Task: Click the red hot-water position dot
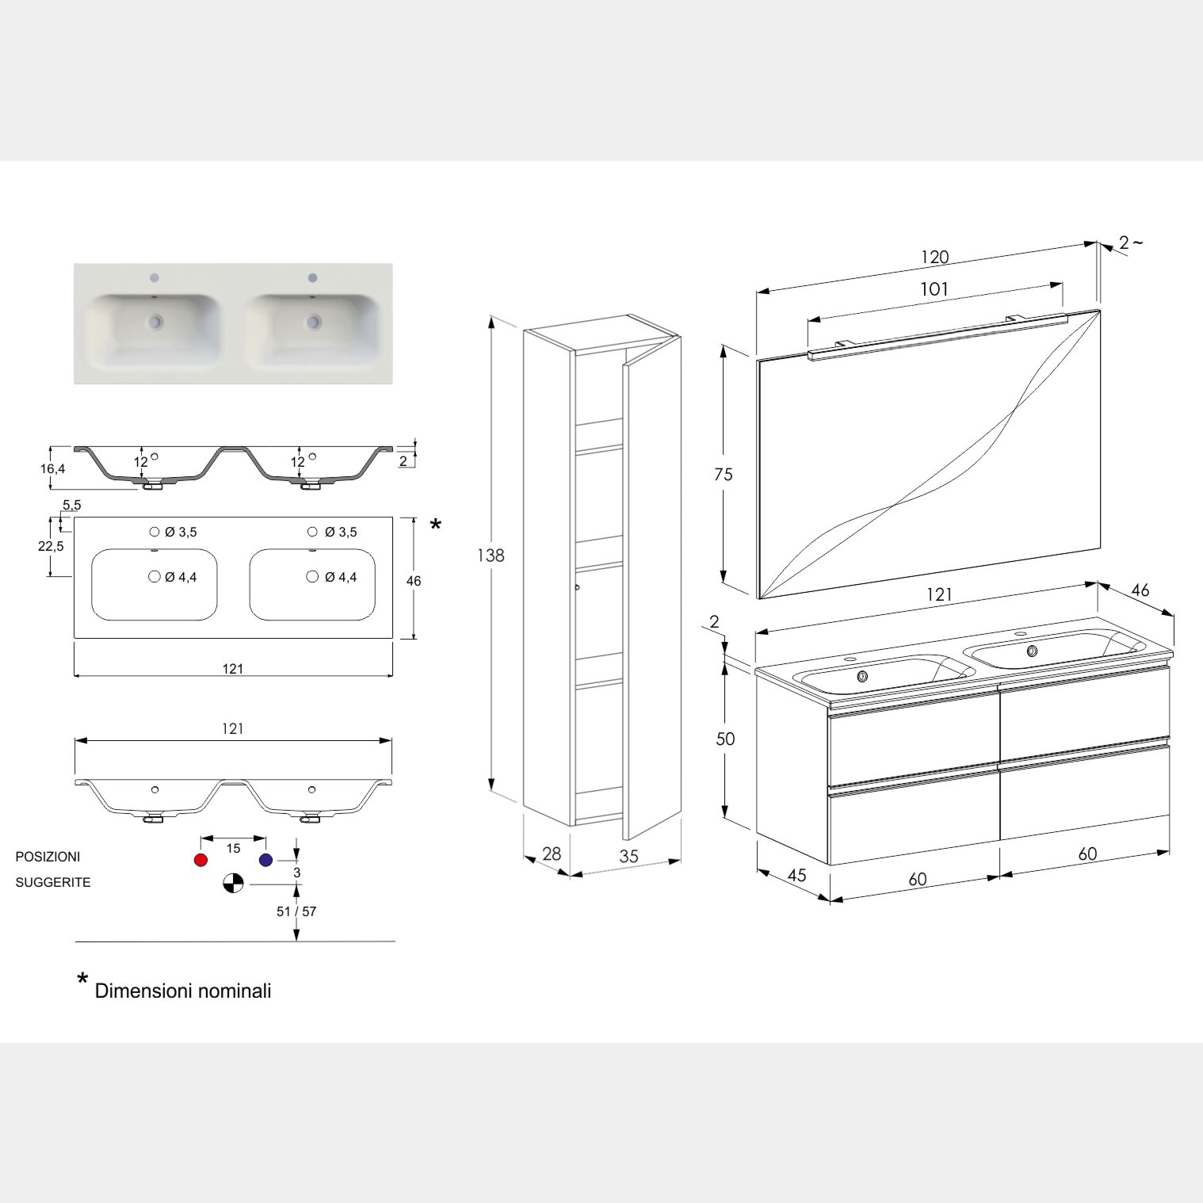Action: pos(200,861)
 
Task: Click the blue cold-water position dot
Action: pos(265,861)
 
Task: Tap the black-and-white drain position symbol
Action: pos(233,883)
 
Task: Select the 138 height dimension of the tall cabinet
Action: pos(491,556)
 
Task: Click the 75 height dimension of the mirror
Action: pos(723,475)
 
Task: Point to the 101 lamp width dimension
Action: pos(934,289)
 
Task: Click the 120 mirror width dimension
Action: pos(935,258)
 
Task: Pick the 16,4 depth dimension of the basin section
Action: pos(52,468)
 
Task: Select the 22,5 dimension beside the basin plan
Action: pos(51,546)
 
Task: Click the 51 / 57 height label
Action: pos(296,911)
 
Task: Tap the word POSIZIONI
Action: pos(48,857)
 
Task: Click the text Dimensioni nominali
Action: pos(183,991)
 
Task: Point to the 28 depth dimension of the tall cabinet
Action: pos(552,854)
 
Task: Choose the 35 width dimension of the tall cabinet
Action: pos(628,857)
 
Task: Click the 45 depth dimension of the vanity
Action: pos(796,875)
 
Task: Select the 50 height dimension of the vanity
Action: pos(725,739)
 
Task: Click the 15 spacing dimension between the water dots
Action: pos(233,848)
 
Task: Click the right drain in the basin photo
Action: pos(315,322)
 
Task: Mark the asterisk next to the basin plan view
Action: pos(435,524)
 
